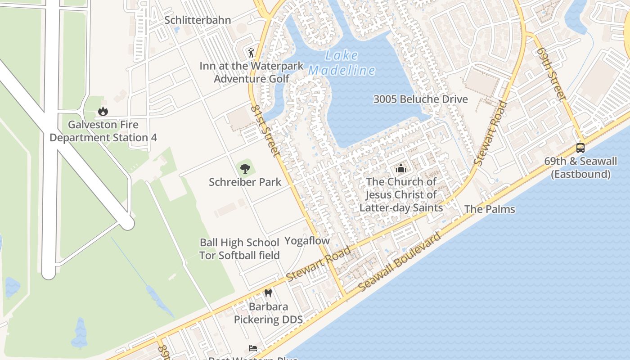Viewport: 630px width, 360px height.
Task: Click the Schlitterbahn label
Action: click(x=198, y=20)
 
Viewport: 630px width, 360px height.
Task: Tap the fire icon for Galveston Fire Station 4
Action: click(x=103, y=111)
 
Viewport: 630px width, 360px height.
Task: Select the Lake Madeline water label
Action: click(x=342, y=63)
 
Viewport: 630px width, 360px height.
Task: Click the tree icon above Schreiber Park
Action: click(x=245, y=169)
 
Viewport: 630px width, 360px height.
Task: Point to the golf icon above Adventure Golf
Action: click(x=251, y=53)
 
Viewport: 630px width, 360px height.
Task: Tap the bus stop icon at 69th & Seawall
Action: click(x=580, y=148)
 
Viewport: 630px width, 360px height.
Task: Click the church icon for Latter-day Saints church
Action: click(x=400, y=169)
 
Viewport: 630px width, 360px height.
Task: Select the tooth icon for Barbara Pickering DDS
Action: click(x=268, y=293)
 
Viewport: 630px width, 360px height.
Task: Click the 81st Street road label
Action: click(x=265, y=131)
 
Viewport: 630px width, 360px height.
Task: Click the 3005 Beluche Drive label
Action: click(x=421, y=99)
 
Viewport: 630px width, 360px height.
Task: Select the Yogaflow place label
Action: click(x=307, y=241)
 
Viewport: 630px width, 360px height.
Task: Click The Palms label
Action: click(x=490, y=209)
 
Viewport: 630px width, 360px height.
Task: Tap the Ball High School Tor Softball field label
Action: click(x=240, y=249)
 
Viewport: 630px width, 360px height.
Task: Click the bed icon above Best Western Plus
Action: click(x=253, y=348)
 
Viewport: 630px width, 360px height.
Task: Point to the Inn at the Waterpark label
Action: click(x=252, y=66)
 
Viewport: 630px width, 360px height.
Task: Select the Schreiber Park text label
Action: click(x=245, y=182)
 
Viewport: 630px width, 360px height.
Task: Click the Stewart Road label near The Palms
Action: click(x=490, y=134)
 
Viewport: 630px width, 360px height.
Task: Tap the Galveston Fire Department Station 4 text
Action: click(x=103, y=131)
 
